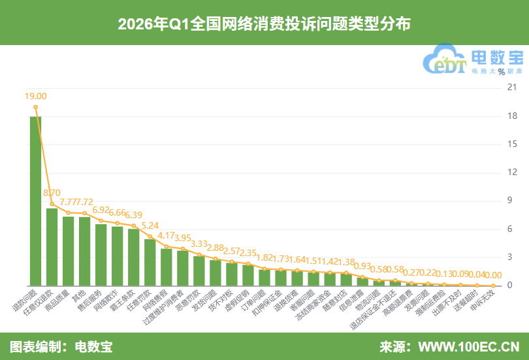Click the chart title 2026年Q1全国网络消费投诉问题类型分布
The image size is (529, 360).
click(264, 24)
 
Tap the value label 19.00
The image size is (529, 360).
click(36, 96)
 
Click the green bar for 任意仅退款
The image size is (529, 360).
click(52, 247)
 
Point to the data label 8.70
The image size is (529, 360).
click(52, 193)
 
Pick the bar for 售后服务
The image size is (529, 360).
click(101, 255)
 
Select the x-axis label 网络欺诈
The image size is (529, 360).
click(110, 301)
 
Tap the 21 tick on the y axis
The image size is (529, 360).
click(504, 88)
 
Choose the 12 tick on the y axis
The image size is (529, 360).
click(504, 172)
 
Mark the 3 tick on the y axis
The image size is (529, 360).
click(504, 257)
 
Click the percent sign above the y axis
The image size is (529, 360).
click(501, 72)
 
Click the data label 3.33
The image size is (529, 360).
click(199, 243)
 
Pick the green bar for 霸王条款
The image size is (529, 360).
click(134, 257)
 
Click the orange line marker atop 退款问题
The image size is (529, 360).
click(36, 107)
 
